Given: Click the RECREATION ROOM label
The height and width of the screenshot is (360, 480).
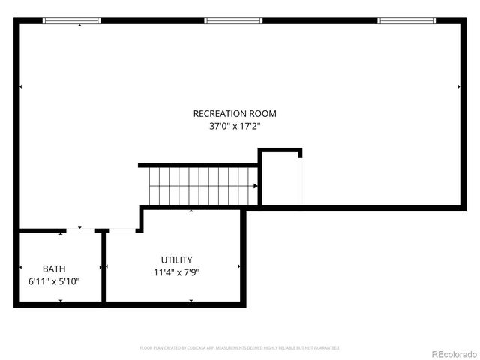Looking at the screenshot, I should pos(235,114).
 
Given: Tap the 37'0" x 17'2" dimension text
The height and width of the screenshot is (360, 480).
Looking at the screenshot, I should pos(235,127).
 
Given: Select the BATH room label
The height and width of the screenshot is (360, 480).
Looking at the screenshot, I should pos(54,268).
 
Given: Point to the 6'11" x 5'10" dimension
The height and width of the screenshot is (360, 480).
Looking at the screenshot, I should pos(55,281).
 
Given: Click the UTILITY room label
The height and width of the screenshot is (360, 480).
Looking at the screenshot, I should pos(177,259).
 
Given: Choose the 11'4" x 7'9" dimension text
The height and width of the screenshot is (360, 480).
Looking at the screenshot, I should pos(177,272).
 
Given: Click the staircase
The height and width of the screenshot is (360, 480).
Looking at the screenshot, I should pos(201,185).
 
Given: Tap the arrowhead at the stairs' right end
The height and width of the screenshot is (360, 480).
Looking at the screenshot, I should pos(256,186).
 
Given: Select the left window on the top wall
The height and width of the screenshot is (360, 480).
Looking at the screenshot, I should pos(72,21).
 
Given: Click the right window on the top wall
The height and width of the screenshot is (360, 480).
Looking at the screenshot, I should pos(406,21).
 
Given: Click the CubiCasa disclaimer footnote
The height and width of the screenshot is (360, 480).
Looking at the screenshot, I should pos(240,348).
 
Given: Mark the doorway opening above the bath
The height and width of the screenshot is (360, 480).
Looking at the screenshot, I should pos(81,230).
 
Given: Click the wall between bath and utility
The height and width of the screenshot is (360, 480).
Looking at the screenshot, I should pos(103,266).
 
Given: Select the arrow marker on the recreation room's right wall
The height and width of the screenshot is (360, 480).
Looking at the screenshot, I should pos(459,87).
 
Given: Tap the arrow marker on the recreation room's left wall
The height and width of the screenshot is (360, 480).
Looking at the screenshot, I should pos(20,87).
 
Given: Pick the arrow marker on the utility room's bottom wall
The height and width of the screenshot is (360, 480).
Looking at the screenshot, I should pos(190,301).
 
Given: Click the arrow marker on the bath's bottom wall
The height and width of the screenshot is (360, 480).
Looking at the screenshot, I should pos(61,301).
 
